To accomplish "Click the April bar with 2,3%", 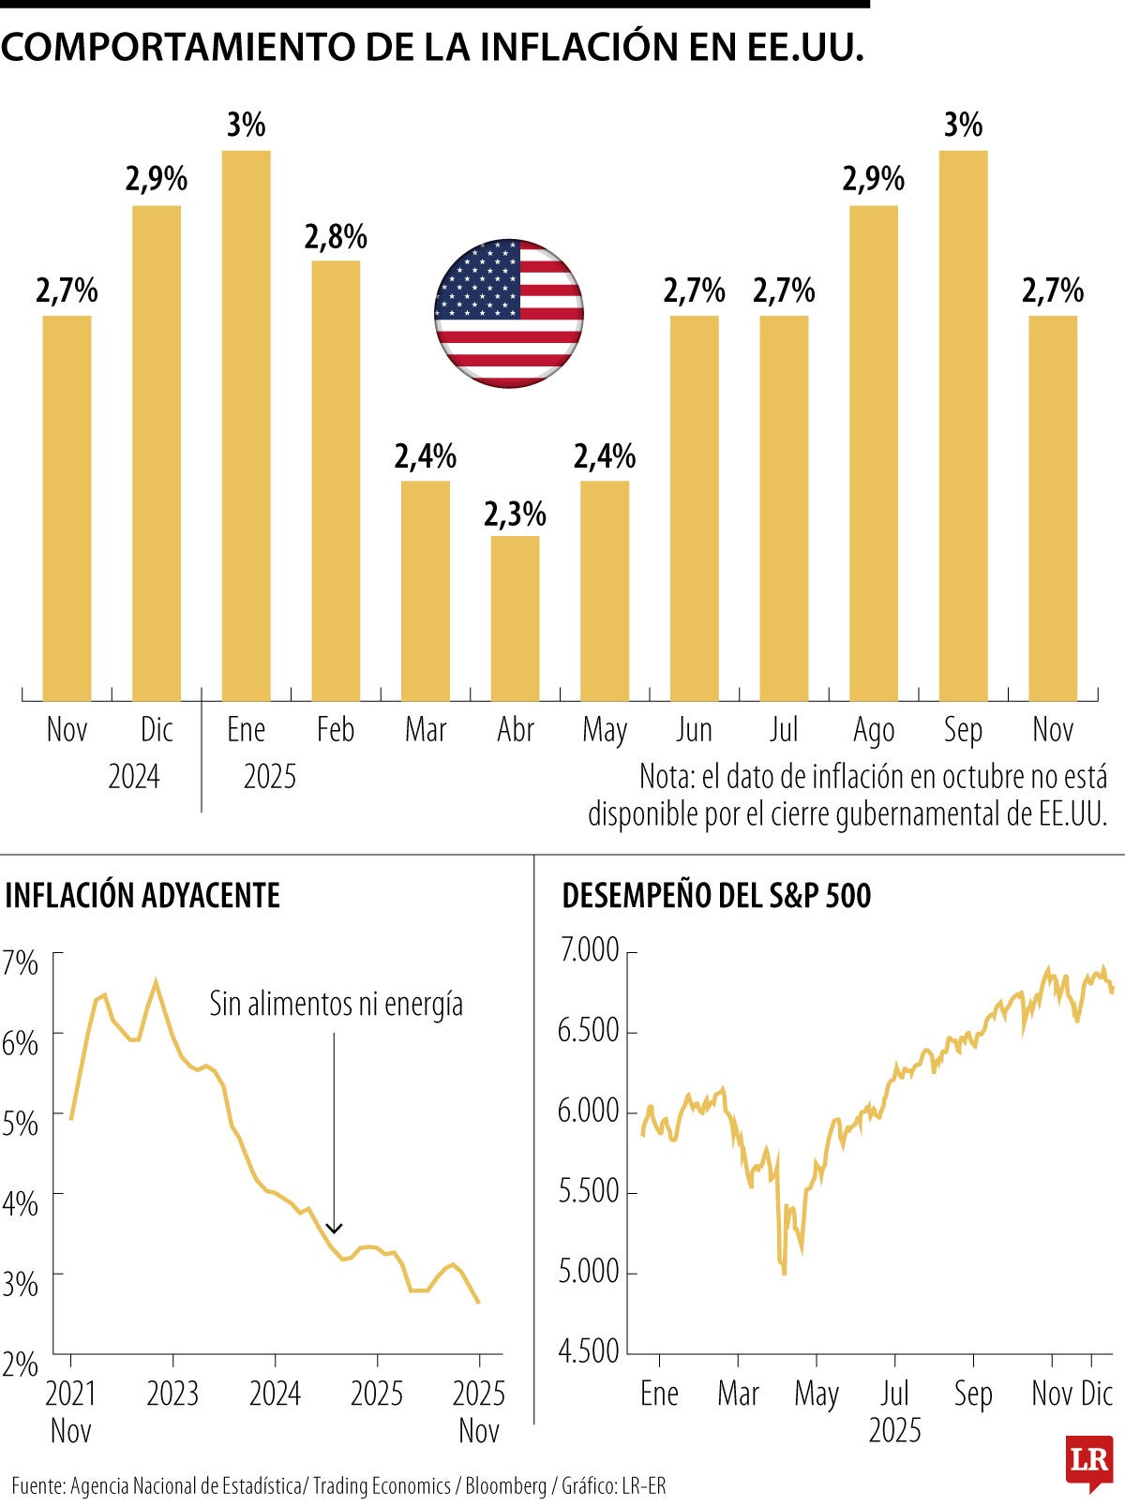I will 515,619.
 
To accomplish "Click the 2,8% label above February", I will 336,237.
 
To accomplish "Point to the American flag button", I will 509,313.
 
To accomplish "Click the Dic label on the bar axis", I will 157,730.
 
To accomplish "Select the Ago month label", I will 874,730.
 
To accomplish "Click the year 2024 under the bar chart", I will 134,777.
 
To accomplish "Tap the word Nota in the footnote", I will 667,777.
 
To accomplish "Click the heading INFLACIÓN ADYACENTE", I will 142,896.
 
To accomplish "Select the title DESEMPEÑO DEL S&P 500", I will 716,896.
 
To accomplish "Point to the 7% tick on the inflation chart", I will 20,962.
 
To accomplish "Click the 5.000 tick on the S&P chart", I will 589,1273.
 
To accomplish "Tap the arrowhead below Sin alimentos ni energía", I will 334,1228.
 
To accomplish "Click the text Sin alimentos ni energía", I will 336,1005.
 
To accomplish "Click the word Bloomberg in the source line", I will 505,1486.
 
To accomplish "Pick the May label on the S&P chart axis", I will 816,1394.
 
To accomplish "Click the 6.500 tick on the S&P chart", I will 589,1032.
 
